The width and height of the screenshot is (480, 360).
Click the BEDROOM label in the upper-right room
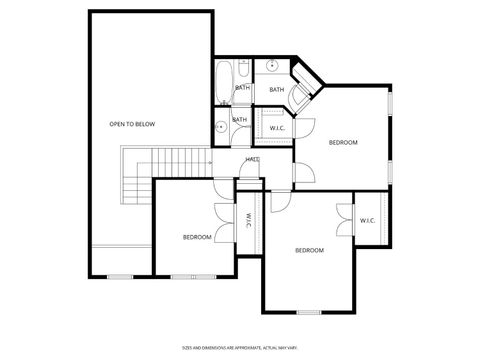click(x=343, y=143)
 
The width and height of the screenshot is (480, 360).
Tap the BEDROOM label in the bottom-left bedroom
click(x=196, y=237)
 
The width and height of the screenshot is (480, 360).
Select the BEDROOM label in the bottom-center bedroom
click(x=309, y=250)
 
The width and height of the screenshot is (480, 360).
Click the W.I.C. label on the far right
click(x=367, y=221)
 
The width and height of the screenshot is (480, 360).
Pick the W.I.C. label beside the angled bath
click(x=277, y=128)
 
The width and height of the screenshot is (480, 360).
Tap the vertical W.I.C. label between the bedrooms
click(x=248, y=219)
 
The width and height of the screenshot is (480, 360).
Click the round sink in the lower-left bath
click(x=219, y=126)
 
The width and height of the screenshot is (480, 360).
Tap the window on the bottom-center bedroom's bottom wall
click(x=309, y=312)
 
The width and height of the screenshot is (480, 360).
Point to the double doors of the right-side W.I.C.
click(x=343, y=219)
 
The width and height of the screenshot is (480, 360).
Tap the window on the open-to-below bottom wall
click(x=120, y=276)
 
